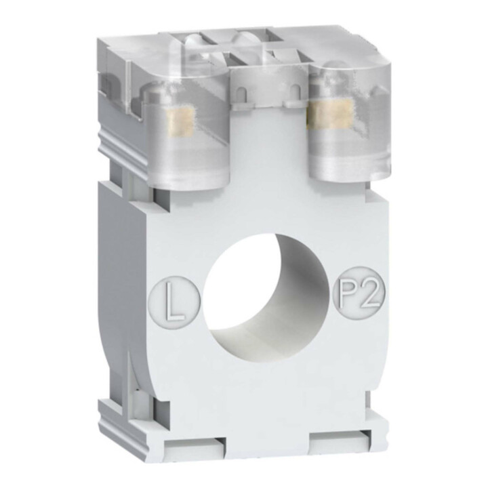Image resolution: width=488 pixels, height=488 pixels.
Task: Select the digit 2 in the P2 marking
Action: point(370,293)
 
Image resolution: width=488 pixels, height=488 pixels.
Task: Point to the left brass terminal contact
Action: point(180,122)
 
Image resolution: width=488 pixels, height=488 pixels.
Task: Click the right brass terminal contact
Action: point(330,115)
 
